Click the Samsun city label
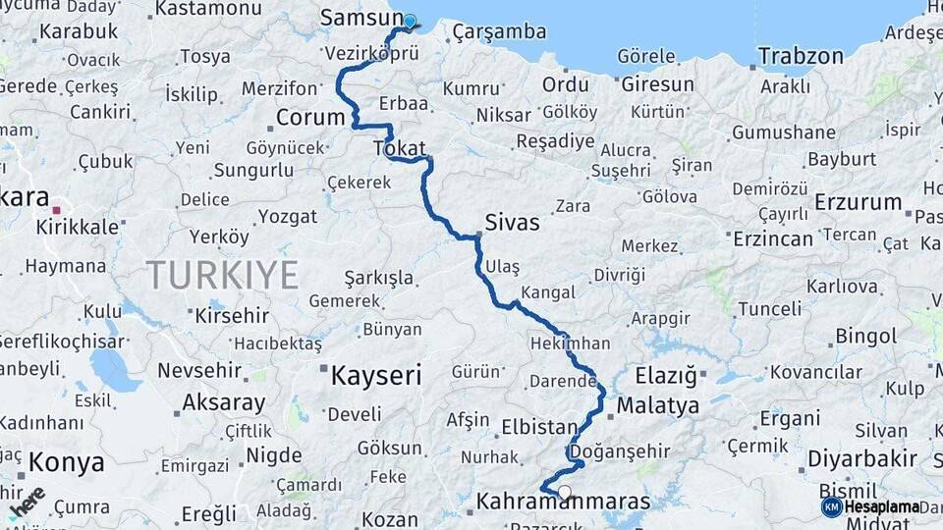[x=355, y=18]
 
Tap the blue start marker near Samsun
[x=409, y=20]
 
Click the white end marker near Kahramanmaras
[x=565, y=493]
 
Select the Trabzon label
[x=801, y=56]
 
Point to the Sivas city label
[x=512, y=223]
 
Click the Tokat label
[x=399, y=148]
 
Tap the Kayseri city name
[x=375, y=375]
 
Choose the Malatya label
[x=658, y=405]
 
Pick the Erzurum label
[x=858, y=203]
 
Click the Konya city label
[x=66, y=461]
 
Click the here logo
[x=27, y=501]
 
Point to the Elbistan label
[x=538, y=427]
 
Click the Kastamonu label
[x=208, y=9]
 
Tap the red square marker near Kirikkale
[x=57, y=210]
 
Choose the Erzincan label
[x=773, y=238]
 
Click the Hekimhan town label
[x=570, y=344]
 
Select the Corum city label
[x=310, y=118]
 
